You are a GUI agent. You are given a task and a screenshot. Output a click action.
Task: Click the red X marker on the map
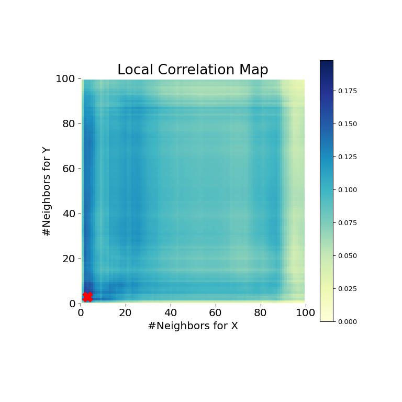[x=87, y=297]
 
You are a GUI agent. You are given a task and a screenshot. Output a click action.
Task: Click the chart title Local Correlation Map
[x=193, y=70]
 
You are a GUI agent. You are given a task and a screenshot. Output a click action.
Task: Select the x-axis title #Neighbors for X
[x=193, y=326]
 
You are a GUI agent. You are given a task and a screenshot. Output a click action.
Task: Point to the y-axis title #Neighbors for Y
[x=47, y=191]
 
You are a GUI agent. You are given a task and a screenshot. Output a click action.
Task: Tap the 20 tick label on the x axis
[x=126, y=313]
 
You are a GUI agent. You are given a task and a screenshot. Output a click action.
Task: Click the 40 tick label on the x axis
[x=171, y=313]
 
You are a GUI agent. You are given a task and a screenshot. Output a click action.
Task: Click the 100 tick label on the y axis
[x=66, y=79]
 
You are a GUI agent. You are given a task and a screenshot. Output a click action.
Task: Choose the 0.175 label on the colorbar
[x=346, y=91]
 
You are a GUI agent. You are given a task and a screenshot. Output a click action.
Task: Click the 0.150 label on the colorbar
[x=346, y=124]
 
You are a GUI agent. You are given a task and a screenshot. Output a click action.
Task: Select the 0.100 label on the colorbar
[x=346, y=190]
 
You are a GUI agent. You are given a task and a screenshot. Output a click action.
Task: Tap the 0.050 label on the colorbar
[x=346, y=256]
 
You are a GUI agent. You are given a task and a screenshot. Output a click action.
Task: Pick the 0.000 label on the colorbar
[x=346, y=321]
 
